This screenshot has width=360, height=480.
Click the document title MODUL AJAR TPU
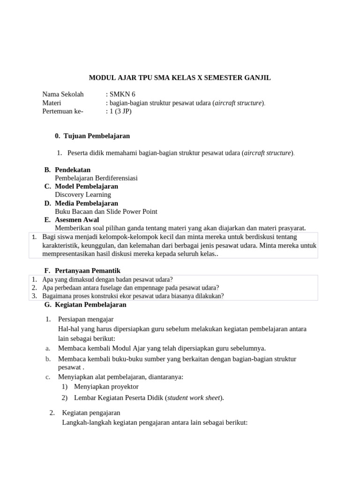[x=180, y=77]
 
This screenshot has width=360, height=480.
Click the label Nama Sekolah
[x=63, y=94]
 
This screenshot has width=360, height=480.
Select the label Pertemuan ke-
[x=62, y=111]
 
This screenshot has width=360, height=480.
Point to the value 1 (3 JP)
[x=120, y=111]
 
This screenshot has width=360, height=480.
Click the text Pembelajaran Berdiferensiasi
[x=96, y=178]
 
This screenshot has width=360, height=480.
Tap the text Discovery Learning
[x=83, y=195]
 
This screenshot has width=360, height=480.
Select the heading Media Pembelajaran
[x=86, y=203]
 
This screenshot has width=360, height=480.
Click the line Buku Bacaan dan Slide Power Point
[x=106, y=211]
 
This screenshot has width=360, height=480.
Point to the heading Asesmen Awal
[x=77, y=220]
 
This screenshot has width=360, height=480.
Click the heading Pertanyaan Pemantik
[x=88, y=270]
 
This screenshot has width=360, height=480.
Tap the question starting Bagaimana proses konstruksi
[x=133, y=296]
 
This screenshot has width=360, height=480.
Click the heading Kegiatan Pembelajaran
[x=90, y=305]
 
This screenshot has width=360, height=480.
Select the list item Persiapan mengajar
[x=86, y=319]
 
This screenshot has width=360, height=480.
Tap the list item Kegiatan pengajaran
[x=91, y=413]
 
